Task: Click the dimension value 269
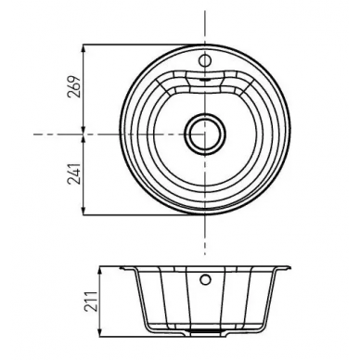(x=75, y=86)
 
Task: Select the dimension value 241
(x=75, y=174)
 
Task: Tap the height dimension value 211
(x=91, y=302)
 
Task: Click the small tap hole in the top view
(x=205, y=60)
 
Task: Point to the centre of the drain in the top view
(x=205, y=134)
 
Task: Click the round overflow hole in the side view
(x=205, y=279)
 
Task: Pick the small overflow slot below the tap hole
(x=205, y=79)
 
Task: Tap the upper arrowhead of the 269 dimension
(x=84, y=49)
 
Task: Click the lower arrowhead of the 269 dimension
(x=84, y=129)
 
